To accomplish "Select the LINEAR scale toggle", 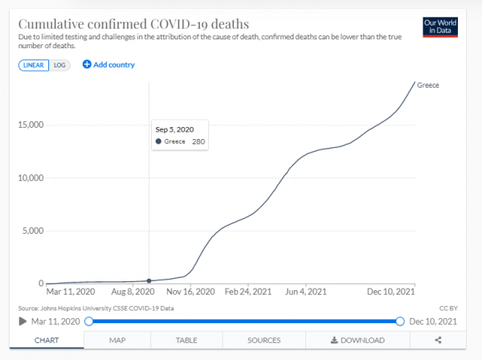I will (x=33, y=64).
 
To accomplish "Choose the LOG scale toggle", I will (x=60, y=64).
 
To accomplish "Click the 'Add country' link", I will (x=109, y=64).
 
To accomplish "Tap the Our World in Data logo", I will (x=439, y=27).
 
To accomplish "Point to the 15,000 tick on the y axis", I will (x=29, y=125).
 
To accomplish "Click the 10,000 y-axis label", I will (x=29, y=178).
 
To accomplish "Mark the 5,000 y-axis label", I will (x=31, y=231).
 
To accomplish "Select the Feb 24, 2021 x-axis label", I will (x=249, y=292).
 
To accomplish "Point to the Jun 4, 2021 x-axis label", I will (x=306, y=292).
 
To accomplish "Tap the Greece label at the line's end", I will (x=429, y=84).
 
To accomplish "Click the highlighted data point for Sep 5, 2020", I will (x=149, y=280).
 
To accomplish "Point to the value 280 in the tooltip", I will (x=198, y=141).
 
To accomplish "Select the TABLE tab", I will (x=186, y=341).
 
